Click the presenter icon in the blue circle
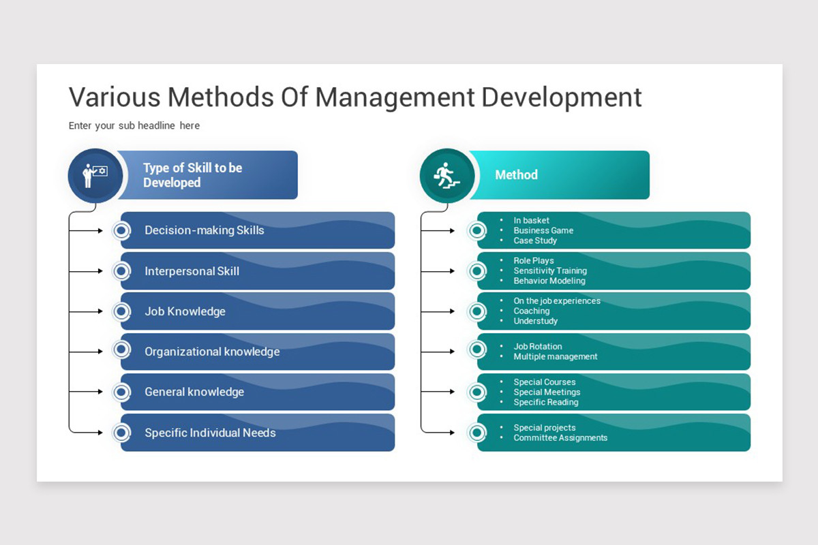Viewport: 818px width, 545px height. click(x=95, y=175)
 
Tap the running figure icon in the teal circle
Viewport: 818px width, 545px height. click(x=447, y=175)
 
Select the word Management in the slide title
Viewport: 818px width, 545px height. click(x=394, y=97)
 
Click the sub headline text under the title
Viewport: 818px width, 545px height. click(x=134, y=125)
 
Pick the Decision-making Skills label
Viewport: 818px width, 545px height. click(x=204, y=230)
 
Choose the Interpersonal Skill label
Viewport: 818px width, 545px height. click(x=192, y=271)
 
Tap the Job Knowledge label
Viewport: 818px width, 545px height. click(x=185, y=311)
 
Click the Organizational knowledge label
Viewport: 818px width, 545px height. click(x=212, y=352)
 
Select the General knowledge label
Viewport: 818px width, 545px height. click(x=194, y=392)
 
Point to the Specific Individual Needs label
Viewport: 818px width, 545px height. click(x=210, y=433)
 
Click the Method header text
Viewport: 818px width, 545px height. click(x=516, y=175)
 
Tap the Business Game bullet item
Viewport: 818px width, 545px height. click(x=543, y=230)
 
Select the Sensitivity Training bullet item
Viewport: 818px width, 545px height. click(x=550, y=270)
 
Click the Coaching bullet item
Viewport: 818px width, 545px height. click(x=532, y=311)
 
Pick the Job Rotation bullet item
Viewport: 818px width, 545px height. click(x=538, y=346)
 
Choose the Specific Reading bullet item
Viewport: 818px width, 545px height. click(x=546, y=402)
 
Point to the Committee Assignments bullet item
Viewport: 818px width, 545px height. click(x=560, y=438)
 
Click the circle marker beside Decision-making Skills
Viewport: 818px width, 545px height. click(x=121, y=231)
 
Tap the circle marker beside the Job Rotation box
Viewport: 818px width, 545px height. click(x=477, y=349)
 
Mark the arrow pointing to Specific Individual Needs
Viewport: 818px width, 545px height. click(x=95, y=433)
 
